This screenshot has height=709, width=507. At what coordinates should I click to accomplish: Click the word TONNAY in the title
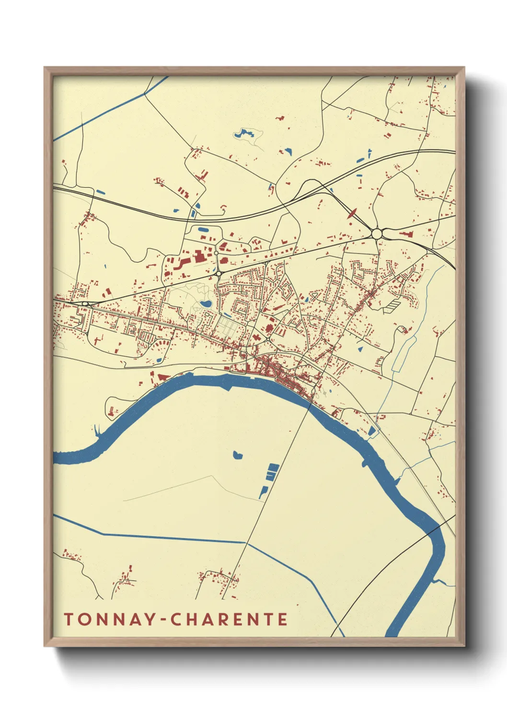point(110,619)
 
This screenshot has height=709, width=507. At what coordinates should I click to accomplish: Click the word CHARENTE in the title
point(230,619)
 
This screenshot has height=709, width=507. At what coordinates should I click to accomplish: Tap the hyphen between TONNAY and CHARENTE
point(164,620)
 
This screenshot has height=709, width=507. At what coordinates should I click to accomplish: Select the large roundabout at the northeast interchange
point(377,234)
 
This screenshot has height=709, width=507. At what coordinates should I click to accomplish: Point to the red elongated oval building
point(352,213)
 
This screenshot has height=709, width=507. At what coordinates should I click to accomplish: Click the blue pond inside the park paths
point(206,304)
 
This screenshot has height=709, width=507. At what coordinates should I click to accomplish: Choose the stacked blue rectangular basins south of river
point(272,471)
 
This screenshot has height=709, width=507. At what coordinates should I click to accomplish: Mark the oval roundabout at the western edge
point(85,304)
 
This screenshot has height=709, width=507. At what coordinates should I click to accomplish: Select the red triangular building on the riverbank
point(163,377)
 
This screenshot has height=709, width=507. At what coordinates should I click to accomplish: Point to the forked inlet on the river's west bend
point(98,432)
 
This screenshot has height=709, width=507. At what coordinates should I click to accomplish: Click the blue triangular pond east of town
point(360,349)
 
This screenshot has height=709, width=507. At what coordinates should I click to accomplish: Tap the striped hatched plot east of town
point(392,304)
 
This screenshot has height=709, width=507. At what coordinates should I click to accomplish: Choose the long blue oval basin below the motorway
point(204,229)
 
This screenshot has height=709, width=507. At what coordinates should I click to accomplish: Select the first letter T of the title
point(69,619)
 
